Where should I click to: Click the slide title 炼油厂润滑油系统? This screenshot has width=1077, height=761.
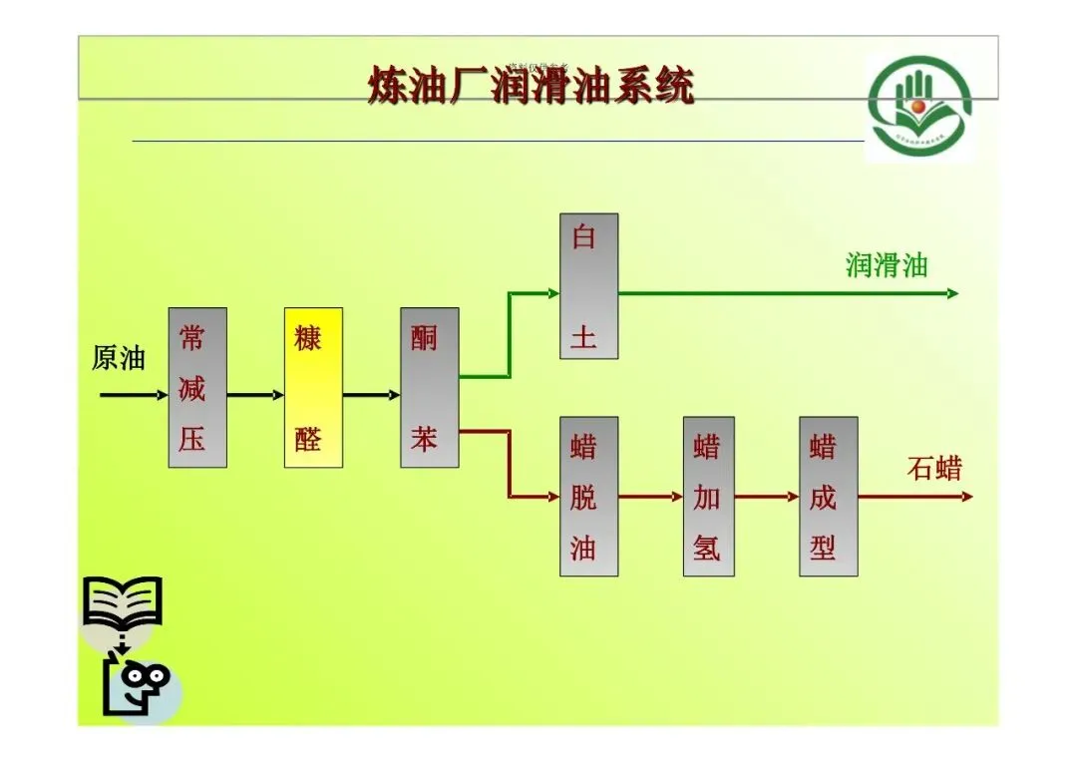pos(530,87)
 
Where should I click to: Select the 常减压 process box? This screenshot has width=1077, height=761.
pos(196,387)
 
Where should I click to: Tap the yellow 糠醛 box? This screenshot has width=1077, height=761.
pos(313,387)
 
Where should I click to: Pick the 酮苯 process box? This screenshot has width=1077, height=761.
pos(429,387)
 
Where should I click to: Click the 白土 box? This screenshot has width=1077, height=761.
pos(588,285)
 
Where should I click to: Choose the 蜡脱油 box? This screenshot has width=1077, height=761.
pos(588,496)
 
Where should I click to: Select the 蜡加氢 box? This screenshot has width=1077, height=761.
pos(708,496)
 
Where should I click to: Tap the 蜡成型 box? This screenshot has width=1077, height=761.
pos(828,496)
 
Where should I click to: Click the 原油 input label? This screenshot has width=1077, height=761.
pos(119,358)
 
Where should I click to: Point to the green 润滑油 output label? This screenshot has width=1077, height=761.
pos(887,265)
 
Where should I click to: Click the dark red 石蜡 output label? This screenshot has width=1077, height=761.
pos(934,468)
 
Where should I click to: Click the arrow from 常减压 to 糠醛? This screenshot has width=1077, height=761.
pos(255,395)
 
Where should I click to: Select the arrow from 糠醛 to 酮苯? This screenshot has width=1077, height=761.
pos(371,395)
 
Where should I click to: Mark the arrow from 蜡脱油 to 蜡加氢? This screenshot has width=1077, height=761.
pos(650,496)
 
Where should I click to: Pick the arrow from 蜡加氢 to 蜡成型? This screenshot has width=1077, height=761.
pos(767,496)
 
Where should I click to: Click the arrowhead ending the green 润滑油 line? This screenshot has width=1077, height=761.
pos(952,293)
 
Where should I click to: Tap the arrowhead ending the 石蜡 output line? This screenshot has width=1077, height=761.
pos(966,496)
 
